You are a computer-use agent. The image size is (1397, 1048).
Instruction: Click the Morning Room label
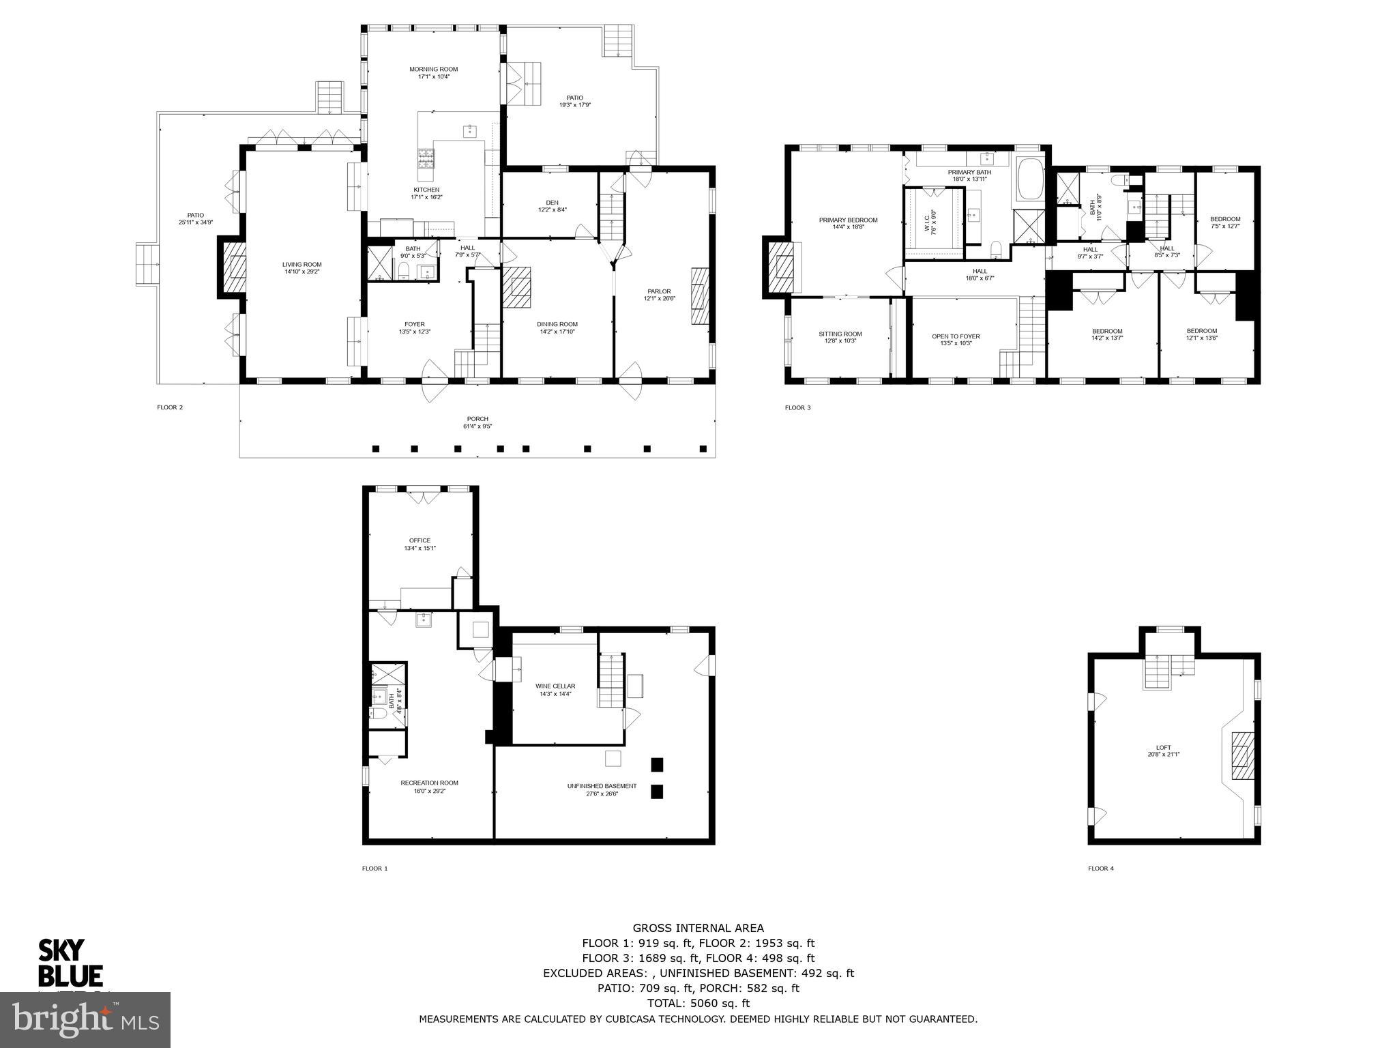[x=433, y=69]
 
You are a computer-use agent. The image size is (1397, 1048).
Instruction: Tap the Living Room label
[x=302, y=265]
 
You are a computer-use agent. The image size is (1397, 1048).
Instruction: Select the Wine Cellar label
[x=555, y=686]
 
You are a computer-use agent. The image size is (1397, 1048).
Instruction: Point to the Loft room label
[x=1163, y=748]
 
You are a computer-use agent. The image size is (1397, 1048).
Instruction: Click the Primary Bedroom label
[x=848, y=220]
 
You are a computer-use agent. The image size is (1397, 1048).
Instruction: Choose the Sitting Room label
[x=840, y=334]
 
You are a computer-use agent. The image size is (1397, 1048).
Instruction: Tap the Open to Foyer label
[x=956, y=336]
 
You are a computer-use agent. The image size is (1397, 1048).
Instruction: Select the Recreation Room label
[x=429, y=783]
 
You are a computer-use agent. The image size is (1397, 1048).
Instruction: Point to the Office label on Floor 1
[x=420, y=540]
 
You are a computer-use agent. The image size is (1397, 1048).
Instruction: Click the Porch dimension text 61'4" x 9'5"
[x=477, y=426]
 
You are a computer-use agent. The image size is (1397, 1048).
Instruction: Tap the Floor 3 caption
[x=797, y=408]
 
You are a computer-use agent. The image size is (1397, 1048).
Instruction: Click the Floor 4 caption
[x=1100, y=869]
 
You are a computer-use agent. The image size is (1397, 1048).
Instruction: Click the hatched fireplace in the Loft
[x=1242, y=755]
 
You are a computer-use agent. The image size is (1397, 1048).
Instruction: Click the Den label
[x=552, y=203]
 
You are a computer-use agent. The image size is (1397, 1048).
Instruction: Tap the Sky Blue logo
[x=70, y=962]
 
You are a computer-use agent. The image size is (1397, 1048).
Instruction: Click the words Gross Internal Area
[x=698, y=928]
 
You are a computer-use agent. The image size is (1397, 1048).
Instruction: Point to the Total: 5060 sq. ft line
[x=698, y=1004]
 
